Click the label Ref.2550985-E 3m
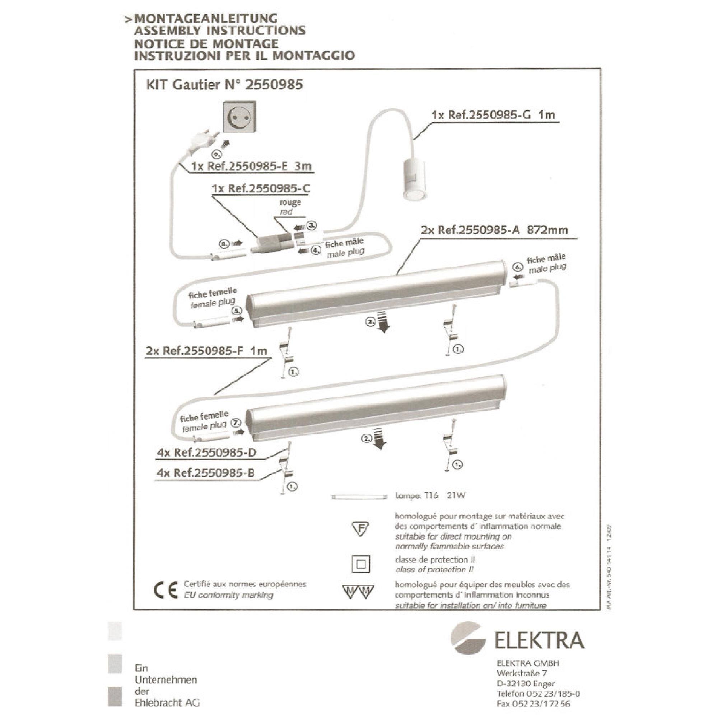[x=251, y=166]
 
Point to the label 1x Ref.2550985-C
[x=261, y=188]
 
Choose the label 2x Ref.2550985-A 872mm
[x=494, y=230]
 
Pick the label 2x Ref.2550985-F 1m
[x=206, y=351]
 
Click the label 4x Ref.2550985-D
[x=207, y=453]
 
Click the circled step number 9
[x=216, y=154]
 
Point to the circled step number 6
[x=518, y=267]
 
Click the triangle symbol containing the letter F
[x=360, y=529]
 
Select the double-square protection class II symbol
[x=360, y=564]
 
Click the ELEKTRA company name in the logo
[x=539, y=640]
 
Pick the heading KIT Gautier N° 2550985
[x=225, y=85]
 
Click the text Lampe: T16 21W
[x=430, y=495]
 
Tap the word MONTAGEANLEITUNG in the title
[x=205, y=18]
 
